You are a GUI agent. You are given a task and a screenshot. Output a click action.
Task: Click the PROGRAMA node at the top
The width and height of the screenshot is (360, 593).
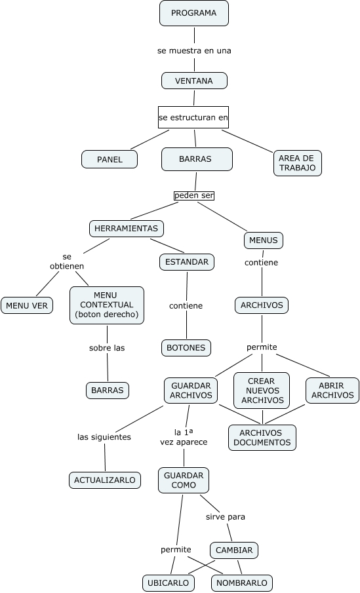(193, 13)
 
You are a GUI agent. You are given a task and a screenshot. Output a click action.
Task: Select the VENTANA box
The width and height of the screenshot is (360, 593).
(194, 81)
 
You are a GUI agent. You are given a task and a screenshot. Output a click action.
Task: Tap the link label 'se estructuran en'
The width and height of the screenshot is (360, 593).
(193, 118)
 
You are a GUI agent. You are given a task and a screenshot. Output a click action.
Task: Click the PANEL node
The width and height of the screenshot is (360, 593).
(110, 159)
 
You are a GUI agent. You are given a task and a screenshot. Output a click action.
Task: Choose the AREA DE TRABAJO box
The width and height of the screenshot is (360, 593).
(297, 163)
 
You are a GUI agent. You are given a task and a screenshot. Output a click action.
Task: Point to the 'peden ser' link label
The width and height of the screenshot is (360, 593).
(194, 195)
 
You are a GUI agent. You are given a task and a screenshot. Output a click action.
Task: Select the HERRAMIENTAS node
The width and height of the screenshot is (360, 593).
(127, 228)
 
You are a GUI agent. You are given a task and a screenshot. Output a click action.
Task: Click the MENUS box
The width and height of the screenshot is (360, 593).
(264, 240)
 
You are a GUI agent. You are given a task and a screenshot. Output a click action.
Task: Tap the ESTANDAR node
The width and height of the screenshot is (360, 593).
(187, 262)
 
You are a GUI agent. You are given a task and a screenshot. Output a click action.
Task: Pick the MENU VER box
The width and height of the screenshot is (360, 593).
(27, 305)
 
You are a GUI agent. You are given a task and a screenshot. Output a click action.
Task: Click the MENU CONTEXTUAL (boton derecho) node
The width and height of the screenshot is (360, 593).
(107, 305)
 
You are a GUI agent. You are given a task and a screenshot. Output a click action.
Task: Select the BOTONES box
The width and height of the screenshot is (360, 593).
(186, 348)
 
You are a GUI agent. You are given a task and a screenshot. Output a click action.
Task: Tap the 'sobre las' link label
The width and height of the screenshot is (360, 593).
(107, 348)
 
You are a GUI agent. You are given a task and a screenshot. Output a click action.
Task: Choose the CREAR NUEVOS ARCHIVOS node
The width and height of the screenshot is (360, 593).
(262, 391)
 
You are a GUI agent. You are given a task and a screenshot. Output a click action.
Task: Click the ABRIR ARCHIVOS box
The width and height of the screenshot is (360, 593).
(332, 391)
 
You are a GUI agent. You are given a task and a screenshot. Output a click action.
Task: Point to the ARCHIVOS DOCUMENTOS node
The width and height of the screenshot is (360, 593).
(262, 438)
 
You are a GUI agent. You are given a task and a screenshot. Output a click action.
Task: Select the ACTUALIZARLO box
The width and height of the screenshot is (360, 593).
(105, 480)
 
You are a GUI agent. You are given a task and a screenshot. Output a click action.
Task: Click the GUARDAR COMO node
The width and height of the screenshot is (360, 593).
(184, 480)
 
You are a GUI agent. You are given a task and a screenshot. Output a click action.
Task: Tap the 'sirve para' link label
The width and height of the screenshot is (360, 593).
(226, 516)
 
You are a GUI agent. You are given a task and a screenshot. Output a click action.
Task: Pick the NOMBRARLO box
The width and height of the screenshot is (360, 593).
(242, 583)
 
